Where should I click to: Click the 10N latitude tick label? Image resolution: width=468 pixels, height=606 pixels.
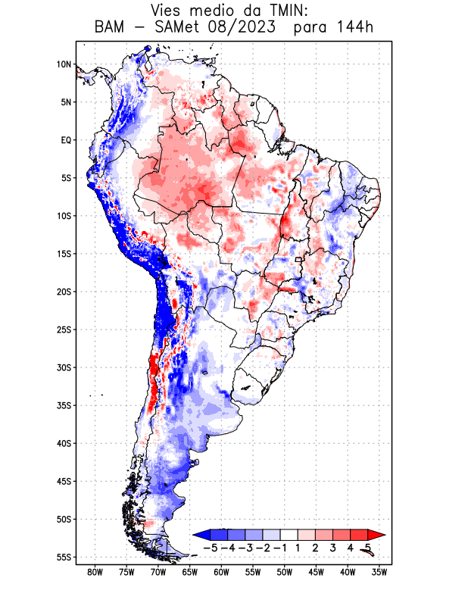tap(64, 64)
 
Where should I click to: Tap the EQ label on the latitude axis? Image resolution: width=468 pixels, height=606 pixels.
tap(65, 140)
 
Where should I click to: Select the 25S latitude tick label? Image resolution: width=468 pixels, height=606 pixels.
tap(64, 330)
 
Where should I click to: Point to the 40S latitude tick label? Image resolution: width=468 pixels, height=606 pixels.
tap(64, 443)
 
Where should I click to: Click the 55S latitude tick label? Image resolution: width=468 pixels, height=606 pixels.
tap(64, 557)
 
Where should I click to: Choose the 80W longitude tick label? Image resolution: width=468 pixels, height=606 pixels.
tap(95, 572)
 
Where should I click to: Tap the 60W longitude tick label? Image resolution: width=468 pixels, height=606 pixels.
tap(221, 572)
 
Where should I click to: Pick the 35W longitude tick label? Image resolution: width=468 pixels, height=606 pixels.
tap(380, 572)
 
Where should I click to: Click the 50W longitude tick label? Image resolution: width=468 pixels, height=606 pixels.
tap(285, 572)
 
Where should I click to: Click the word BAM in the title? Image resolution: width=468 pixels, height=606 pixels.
tap(110, 28)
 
